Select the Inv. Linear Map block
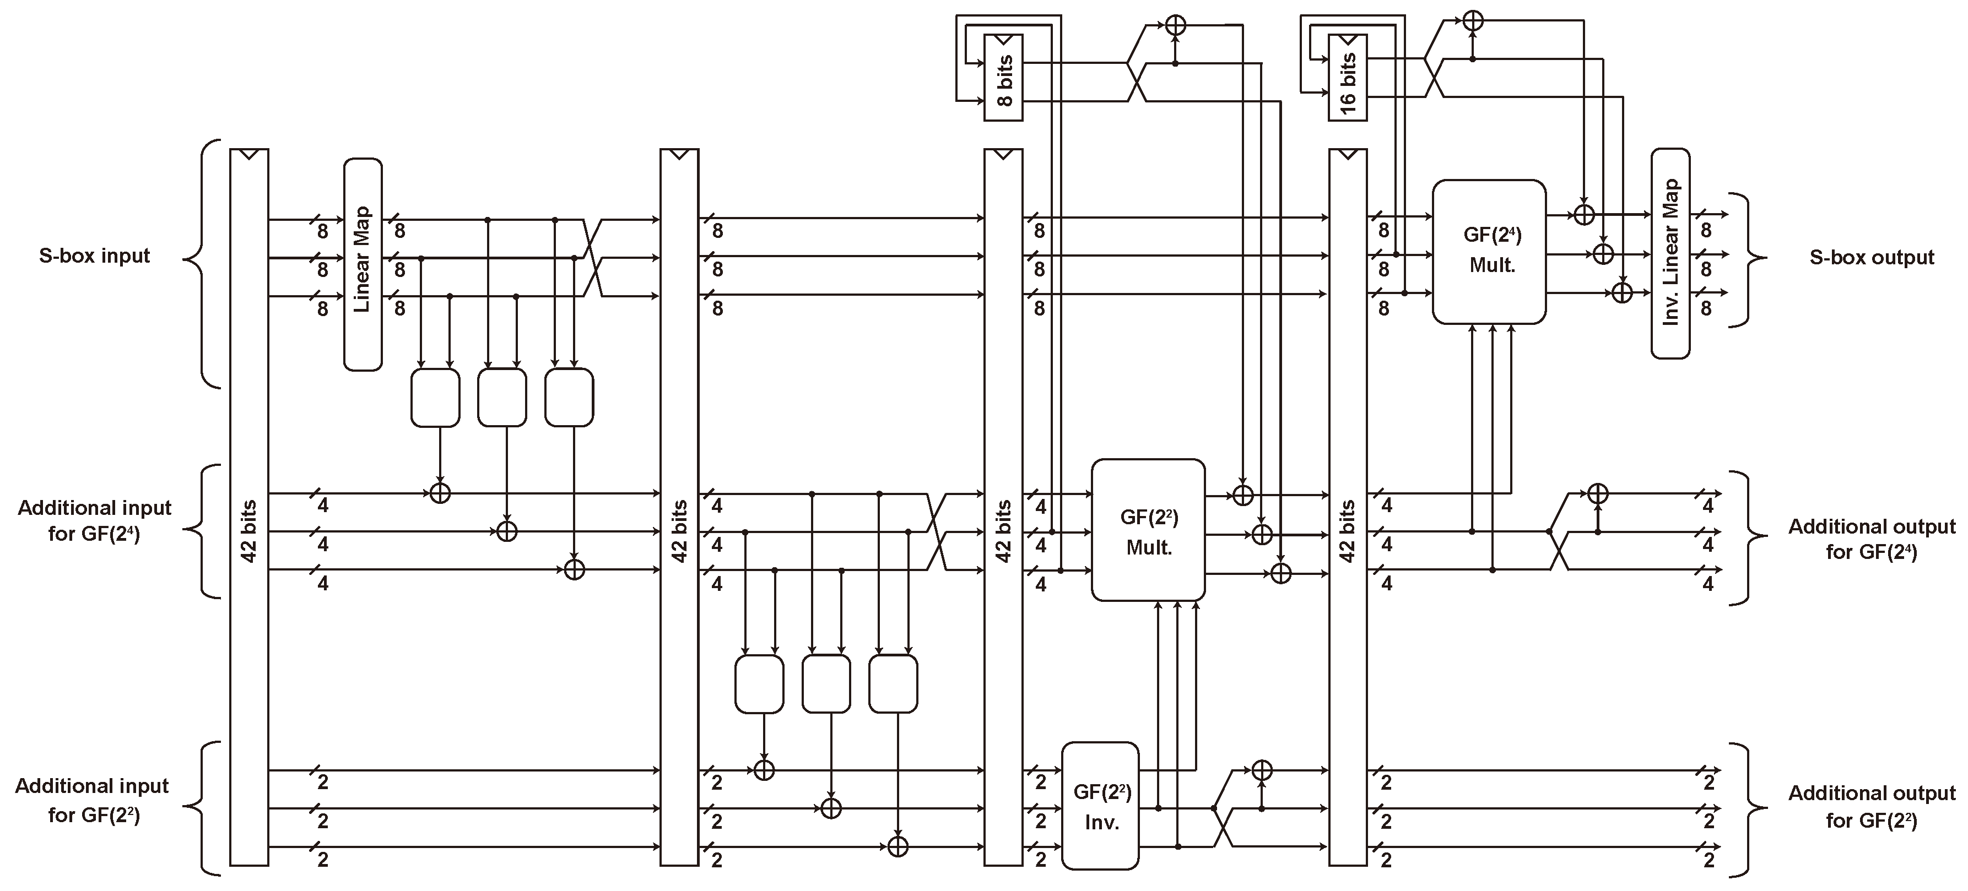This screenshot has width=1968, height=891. [x=1670, y=253]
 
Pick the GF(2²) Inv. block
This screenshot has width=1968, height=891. [x=1100, y=806]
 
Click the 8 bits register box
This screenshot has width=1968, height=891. [x=1003, y=78]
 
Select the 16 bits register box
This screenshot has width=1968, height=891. [x=1348, y=78]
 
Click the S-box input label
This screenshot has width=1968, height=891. [x=94, y=256]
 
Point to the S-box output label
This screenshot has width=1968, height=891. [x=1871, y=257]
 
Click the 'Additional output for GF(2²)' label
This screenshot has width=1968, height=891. [x=1871, y=806]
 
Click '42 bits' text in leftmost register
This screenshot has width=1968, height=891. [x=248, y=531]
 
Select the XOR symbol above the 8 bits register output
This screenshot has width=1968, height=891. [x=1175, y=25]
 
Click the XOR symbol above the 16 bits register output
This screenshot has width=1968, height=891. [x=1472, y=20]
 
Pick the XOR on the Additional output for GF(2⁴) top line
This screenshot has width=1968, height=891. [x=1597, y=494]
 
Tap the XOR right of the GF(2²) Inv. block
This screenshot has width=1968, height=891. [x=1262, y=770]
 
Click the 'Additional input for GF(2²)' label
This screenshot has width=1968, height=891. [x=93, y=800]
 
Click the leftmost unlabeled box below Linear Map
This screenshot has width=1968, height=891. [x=435, y=398]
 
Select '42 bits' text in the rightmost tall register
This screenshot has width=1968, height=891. [x=1348, y=531]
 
